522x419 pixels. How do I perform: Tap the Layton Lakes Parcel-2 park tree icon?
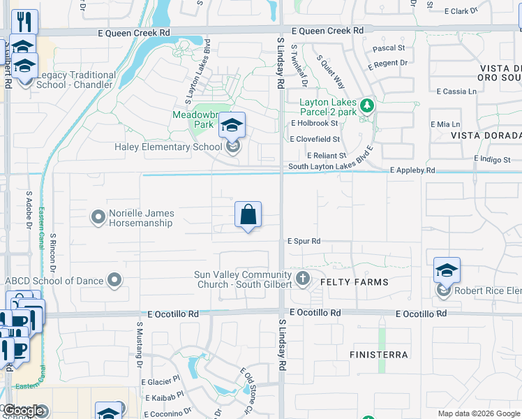click(367, 107)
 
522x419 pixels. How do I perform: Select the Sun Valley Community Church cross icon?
click(302, 279)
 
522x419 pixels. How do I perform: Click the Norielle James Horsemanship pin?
click(98, 218)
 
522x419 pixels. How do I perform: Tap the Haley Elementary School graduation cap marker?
click(232, 126)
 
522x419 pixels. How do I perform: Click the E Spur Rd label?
click(304, 241)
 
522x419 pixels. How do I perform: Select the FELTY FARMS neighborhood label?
click(354, 281)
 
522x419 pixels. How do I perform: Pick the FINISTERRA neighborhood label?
click(379, 355)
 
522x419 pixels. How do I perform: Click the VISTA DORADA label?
click(486, 135)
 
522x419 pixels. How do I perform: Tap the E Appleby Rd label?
click(412, 170)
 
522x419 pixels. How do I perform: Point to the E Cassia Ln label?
click(456, 91)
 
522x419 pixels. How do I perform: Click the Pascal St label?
click(389, 48)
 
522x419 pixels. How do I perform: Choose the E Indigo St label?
click(493, 159)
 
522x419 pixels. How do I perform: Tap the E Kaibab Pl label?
click(165, 397)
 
